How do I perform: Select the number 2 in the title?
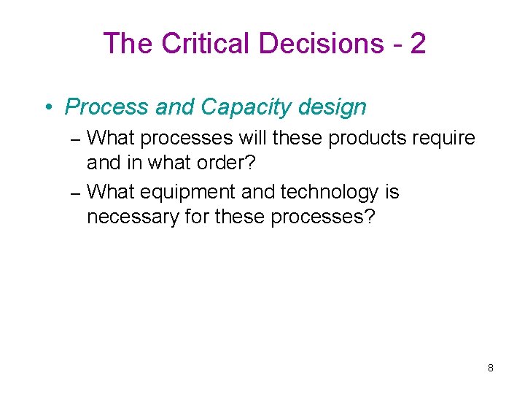418,44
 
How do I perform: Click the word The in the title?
128,44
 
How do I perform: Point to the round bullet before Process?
48,108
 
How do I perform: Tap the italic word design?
332,107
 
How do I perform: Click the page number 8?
491,368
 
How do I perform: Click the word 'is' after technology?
392,193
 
